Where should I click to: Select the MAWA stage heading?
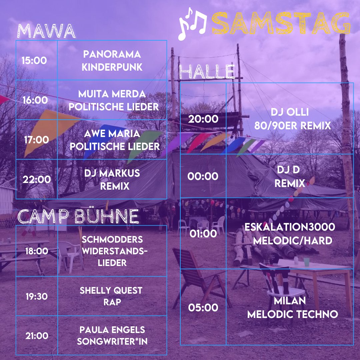tap(46, 31)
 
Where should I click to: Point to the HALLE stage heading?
tap(207, 72)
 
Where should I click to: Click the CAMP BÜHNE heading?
tap(78, 216)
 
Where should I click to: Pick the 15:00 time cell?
tap(34, 61)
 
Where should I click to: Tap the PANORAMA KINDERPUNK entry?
tap(112, 61)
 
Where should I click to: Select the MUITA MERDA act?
tap(112, 100)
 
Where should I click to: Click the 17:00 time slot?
tap(36, 140)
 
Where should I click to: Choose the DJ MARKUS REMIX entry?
tap(112, 179)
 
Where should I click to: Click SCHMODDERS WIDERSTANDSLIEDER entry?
tap(112, 251)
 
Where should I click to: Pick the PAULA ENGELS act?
tap(112, 336)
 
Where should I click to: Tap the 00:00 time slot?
tap(203, 176)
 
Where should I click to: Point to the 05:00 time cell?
tap(203, 307)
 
